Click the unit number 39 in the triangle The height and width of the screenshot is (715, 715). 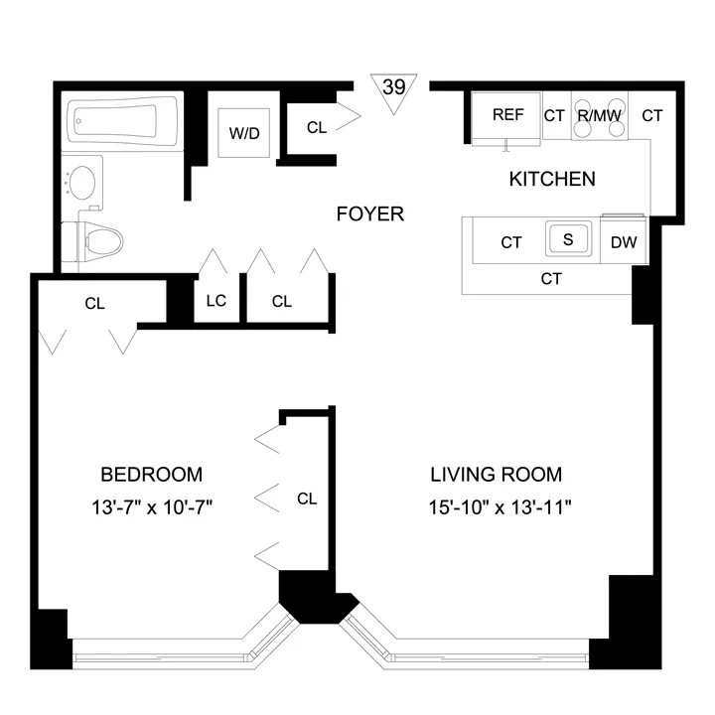[393, 88]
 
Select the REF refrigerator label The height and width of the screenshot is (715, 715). [507, 115]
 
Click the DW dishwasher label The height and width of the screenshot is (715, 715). [624, 242]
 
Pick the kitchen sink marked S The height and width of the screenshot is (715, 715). [568, 240]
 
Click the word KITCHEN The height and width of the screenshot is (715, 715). [552, 180]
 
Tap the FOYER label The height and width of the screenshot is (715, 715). [370, 214]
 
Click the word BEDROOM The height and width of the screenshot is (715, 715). [152, 474]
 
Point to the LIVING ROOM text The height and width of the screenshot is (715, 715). [496, 474]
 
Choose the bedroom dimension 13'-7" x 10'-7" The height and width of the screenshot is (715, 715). [152, 507]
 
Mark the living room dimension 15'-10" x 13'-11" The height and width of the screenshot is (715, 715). [496, 507]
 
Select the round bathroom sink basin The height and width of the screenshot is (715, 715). [81, 184]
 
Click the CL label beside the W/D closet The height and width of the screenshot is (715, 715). [317, 127]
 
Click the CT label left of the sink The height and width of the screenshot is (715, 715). [511, 242]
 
